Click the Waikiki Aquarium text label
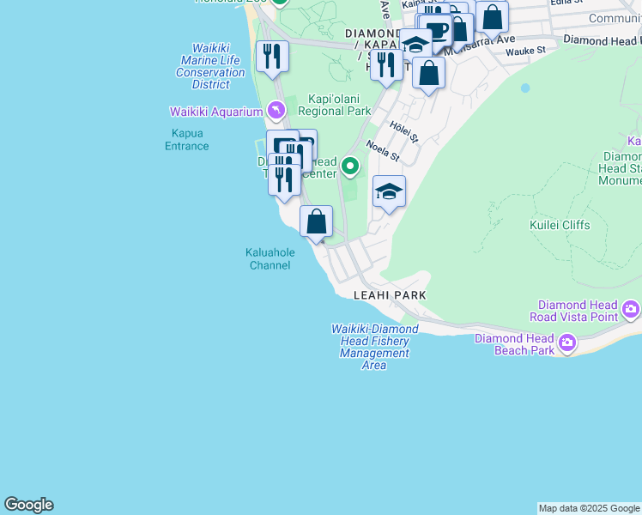(216, 112)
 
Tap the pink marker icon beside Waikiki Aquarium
(276, 111)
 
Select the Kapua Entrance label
(186, 140)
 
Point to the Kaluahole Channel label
(269, 259)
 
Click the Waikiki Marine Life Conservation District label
(210, 67)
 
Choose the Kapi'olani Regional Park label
(334, 106)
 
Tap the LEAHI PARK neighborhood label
(390, 295)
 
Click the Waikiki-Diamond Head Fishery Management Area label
(375, 347)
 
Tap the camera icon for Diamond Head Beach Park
(566, 344)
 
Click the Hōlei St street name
(403, 132)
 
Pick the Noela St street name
(383, 152)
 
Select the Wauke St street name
(525, 51)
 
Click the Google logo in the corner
(28, 505)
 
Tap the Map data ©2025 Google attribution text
(589, 508)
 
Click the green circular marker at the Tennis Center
(349, 166)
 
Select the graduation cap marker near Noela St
(389, 192)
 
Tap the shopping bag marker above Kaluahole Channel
(316, 221)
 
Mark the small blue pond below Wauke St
(524, 88)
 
